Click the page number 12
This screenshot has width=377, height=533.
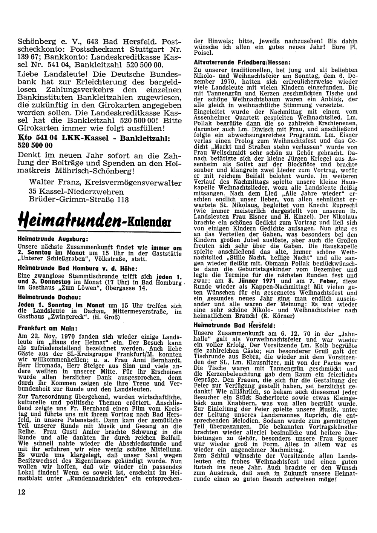pos(21,492)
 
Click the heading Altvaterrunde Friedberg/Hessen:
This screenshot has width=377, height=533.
pos(241,61)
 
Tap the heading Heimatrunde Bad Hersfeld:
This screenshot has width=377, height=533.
pos(234,325)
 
